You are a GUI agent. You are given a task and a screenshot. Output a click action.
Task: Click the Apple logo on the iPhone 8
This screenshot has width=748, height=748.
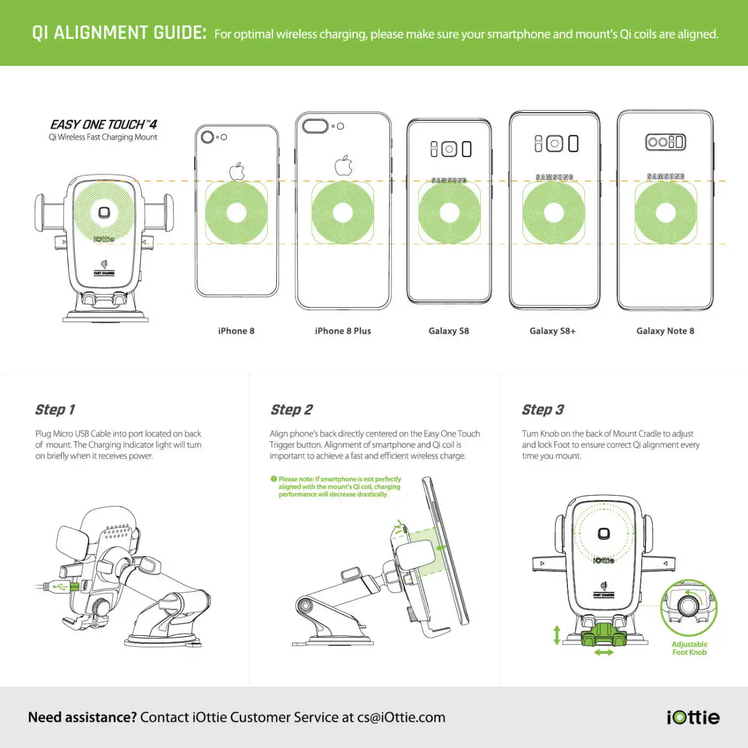tap(237, 171)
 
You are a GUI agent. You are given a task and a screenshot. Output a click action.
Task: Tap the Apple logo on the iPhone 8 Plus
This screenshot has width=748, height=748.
tap(344, 165)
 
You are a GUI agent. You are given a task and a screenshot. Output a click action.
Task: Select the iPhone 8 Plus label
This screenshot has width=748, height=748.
tap(343, 331)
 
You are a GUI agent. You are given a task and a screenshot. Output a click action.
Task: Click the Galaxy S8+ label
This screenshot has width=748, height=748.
tap(552, 331)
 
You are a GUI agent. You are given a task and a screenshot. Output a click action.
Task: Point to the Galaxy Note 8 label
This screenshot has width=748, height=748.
tap(665, 331)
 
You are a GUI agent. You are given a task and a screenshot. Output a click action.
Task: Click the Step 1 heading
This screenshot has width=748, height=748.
tap(54, 409)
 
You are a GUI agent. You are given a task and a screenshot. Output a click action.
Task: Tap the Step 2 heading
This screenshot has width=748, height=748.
tap(292, 409)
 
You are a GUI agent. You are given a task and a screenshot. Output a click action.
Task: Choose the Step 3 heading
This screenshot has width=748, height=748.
tap(543, 409)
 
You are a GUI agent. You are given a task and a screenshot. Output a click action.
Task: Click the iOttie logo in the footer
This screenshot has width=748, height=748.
tap(694, 717)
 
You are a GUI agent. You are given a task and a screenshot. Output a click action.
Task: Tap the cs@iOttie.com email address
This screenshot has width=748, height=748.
tap(401, 718)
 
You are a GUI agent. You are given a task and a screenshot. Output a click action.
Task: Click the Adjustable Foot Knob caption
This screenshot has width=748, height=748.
tap(689, 648)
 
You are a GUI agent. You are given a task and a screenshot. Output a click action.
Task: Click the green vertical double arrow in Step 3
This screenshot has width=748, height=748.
tap(557, 635)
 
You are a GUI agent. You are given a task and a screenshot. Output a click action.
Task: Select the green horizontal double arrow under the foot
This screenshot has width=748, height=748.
tap(604, 653)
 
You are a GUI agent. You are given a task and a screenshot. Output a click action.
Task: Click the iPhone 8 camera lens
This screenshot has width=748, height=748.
tap(207, 137)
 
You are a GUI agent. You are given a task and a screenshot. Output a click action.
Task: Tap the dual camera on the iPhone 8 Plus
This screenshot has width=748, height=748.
tap(315, 126)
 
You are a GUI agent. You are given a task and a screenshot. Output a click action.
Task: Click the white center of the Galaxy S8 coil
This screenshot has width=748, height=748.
tap(449, 212)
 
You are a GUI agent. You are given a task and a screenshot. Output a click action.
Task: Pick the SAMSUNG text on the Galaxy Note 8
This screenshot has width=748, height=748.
tap(666, 177)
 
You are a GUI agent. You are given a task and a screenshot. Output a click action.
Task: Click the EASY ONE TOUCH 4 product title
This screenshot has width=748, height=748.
tap(104, 124)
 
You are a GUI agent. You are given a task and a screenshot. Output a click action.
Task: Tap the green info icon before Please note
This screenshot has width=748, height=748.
tap(274, 479)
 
